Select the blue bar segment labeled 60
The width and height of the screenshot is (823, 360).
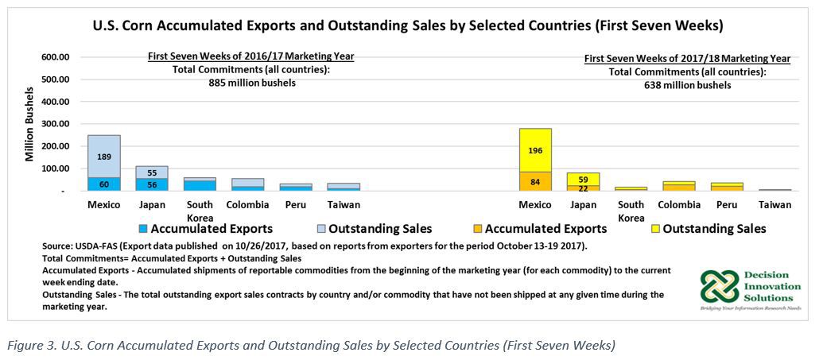(104, 184)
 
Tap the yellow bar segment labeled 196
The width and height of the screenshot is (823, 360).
(535, 150)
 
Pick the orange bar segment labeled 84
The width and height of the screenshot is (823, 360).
(535, 181)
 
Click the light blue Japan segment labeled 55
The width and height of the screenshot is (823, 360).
(152, 172)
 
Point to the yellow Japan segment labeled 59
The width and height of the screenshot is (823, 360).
(584, 179)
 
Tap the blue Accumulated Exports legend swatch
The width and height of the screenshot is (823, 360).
(143, 229)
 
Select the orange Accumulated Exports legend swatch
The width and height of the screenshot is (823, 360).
(477, 229)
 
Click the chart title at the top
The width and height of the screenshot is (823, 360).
(408, 25)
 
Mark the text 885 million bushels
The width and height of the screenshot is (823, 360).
(251, 83)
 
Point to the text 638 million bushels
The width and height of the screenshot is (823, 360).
(687, 85)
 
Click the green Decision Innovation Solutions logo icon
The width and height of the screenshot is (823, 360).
(718, 286)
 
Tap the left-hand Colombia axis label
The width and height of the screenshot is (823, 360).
(247, 205)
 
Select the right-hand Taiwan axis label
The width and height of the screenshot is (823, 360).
(774, 205)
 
